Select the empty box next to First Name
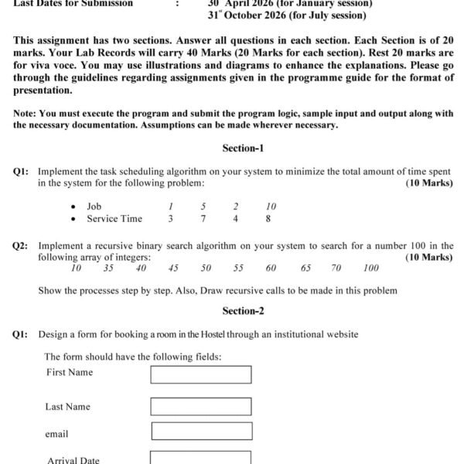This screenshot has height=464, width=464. pos(201,374)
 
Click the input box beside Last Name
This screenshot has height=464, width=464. pos(201,407)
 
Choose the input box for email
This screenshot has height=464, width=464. pos(201,432)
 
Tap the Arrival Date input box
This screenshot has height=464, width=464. pos(201,458)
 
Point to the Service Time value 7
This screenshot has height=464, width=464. pos(203,219)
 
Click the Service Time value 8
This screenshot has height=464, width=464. pos(268,219)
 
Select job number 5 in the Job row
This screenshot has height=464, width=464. pos(203,206)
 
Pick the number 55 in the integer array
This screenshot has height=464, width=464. pos(238,268)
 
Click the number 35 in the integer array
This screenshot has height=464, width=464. pos(108,268)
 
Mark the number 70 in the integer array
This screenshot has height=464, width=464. pos(336,268)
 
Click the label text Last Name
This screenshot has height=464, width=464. pos(67,407)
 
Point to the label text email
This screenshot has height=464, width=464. pos(56,434)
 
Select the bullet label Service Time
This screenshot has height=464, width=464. pos(114,219)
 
